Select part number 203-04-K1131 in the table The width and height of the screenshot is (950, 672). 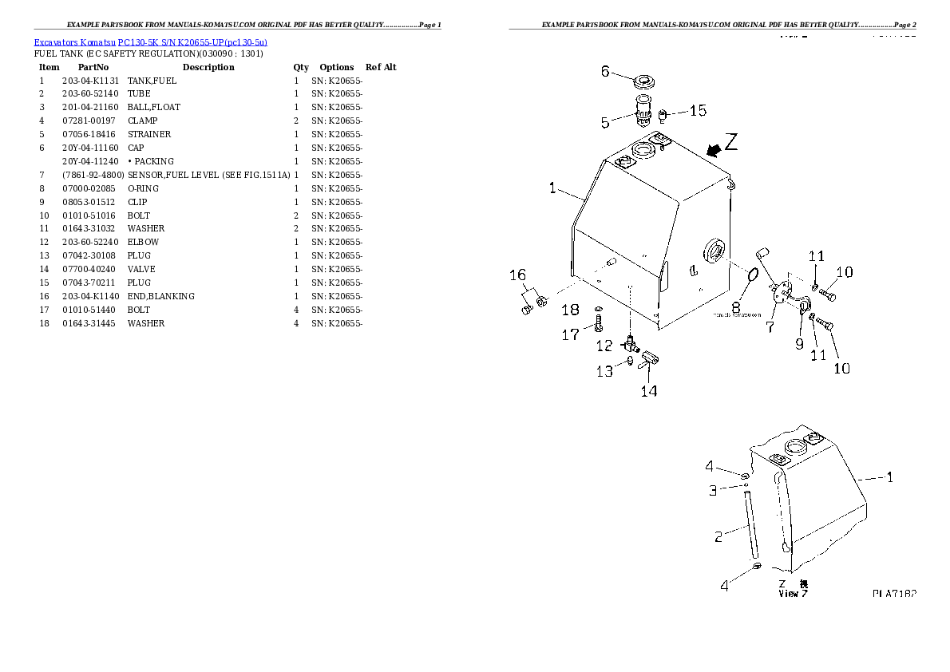(90, 81)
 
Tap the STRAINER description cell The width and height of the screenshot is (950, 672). (149, 134)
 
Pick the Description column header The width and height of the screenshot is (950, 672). (208, 67)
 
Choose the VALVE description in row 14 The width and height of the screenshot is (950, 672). (141, 269)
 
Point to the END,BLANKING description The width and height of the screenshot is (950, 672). (160, 296)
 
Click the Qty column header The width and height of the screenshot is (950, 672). (301, 67)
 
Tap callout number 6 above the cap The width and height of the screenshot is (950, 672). (605, 72)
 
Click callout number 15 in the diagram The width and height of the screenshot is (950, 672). (698, 111)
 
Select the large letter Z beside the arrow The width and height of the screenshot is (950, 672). (732, 143)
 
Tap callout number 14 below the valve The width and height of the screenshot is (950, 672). (649, 391)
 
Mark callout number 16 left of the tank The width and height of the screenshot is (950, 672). (518, 275)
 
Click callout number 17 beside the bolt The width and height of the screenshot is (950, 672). (570, 335)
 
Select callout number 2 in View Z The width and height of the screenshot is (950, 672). (718, 537)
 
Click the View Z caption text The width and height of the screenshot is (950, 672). (793, 593)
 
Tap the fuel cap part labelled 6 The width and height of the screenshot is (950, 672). (643, 83)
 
